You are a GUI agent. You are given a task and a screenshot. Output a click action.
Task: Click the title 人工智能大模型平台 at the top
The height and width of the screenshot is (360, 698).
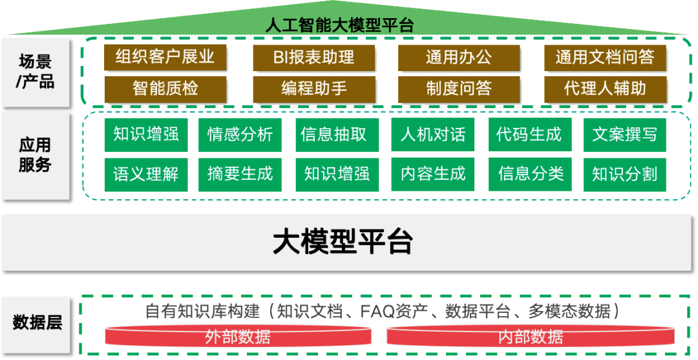tap(339, 25)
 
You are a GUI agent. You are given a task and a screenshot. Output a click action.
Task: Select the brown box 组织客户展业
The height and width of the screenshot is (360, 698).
tap(165, 57)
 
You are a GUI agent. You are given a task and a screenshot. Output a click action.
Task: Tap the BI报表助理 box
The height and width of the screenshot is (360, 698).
tap(313, 57)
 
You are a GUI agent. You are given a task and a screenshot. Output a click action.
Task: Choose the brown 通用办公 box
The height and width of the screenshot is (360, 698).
tap(458, 57)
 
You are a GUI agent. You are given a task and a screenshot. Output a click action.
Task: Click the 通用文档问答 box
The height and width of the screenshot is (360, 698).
tap(605, 57)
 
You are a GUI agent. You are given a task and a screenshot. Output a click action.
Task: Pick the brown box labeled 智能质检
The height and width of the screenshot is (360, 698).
tap(165, 89)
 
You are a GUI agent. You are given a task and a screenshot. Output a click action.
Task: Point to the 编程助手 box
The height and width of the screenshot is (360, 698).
tap(313, 89)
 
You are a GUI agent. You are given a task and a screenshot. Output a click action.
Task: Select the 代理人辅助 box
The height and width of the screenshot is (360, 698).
tap(605, 89)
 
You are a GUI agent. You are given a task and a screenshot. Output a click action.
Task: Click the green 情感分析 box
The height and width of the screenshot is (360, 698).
tap(240, 134)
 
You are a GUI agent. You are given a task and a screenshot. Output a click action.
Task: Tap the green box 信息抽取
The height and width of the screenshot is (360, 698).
tap(333, 134)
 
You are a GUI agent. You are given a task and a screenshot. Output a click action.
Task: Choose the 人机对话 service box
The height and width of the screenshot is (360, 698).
tap(432, 134)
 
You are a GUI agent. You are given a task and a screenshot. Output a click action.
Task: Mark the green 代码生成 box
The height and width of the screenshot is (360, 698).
tap(529, 134)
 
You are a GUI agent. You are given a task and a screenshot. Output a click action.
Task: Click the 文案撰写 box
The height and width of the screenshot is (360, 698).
tap(624, 134)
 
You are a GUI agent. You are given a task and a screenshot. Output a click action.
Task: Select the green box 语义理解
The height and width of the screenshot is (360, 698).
tap(145, 174)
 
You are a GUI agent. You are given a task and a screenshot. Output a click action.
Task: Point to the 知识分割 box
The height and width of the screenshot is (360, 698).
tap(624, 174)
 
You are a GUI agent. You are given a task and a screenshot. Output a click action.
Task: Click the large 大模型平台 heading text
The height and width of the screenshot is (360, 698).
tap(343, 242)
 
